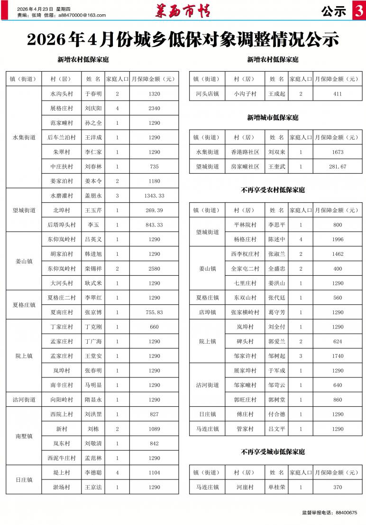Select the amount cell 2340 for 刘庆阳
point(154,108)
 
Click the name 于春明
point(93,94)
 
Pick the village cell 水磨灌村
point(62,196)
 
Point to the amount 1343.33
point(154,196)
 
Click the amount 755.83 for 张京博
point(154,312)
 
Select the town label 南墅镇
point(23,436)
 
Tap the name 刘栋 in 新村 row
point(93,429)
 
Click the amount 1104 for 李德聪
point(154,473)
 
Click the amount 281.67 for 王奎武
point(337,167)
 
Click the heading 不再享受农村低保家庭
point(273,190)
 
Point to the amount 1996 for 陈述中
point(337,239)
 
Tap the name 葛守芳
point(276,312)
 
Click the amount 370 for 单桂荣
point(337,487)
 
